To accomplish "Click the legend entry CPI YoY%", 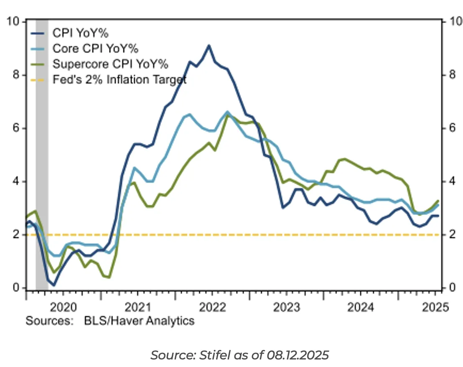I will point(81,33).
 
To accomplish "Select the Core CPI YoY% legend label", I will point(95,48).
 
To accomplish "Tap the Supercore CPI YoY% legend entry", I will point(110,64).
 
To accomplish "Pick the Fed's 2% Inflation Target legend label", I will point(120,79).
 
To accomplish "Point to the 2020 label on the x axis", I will point(63,308).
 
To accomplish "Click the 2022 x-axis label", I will point(212,308).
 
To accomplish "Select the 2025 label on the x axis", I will point(435,308).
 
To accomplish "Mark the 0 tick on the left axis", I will point(16,288).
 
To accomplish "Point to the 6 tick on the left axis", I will point(16,128).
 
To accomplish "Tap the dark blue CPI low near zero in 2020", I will point(54,285).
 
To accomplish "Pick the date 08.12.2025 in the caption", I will point(297,355).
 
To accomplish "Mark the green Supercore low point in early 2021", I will point(109,277).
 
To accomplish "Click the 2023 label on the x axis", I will point(286,308).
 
